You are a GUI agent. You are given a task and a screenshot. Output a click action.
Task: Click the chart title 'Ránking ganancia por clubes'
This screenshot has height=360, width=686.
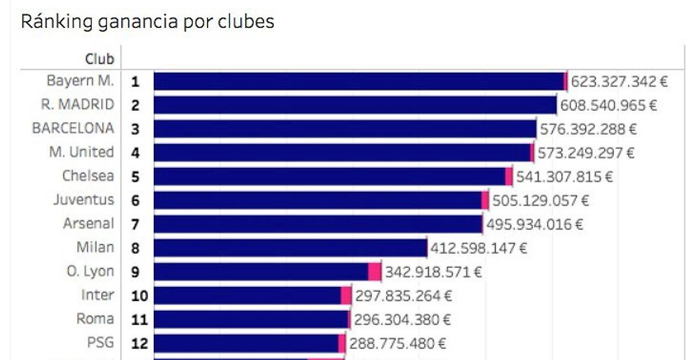point(147,22)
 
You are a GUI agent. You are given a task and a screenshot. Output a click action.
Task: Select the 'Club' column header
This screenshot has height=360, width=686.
point(99,59)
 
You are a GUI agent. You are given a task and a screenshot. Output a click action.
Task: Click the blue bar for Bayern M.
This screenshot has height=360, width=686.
point(358,82)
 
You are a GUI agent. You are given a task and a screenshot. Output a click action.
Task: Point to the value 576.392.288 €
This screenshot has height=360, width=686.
point(588,129)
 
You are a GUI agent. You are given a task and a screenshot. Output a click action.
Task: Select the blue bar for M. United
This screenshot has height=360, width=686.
point(342,153)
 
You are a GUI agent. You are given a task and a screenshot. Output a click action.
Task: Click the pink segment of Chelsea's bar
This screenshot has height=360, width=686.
point(509,177)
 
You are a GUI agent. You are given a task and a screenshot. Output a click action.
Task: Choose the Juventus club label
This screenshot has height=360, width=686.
point(83,200)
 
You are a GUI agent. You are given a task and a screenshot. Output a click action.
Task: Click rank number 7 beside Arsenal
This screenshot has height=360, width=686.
point(135,224)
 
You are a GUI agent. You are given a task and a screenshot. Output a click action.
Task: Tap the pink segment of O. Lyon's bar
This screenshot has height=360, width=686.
point(374,271)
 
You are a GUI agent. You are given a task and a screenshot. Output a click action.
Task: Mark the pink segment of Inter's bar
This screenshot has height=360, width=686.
point(346,295)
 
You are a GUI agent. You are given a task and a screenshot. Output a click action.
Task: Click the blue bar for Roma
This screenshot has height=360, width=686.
point(251,319)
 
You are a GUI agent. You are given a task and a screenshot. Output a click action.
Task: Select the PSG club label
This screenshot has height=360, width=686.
point(100,343)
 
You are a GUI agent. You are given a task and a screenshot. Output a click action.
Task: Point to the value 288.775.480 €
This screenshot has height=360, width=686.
point(397,343)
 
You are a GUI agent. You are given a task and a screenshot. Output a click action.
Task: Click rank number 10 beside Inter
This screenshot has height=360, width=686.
point(139,296)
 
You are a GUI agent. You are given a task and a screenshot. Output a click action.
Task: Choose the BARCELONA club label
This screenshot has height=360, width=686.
point(73,129)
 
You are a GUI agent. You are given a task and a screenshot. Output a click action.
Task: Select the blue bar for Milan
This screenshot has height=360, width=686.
point(290,248)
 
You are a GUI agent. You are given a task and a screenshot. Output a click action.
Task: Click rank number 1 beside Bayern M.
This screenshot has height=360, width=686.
point(135,82)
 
